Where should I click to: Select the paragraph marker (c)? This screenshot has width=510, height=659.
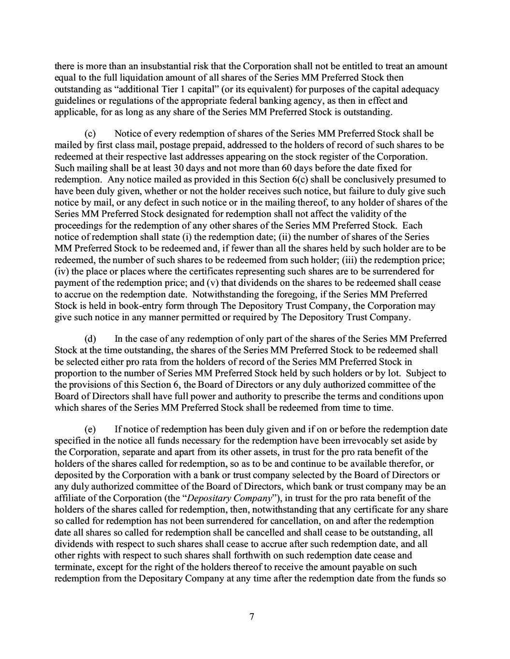tap(90, 133)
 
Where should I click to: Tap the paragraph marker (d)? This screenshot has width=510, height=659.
tap(90, 339)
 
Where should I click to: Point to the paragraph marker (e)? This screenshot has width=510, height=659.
tap(90, 429)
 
